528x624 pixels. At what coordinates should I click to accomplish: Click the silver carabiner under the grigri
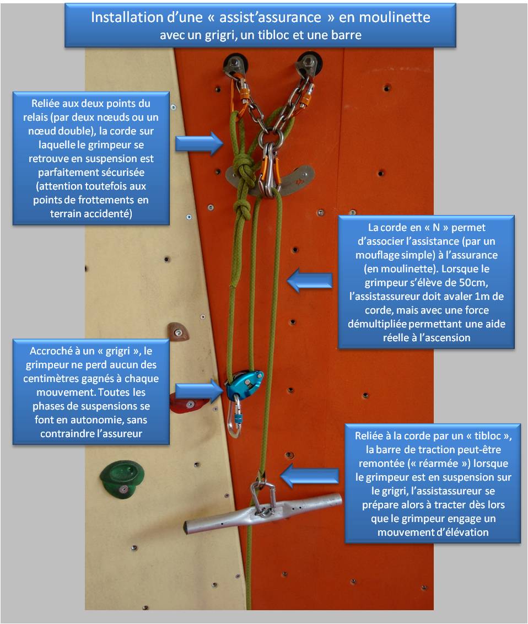click(235, 417)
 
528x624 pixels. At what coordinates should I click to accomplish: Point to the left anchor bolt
click(235, 64)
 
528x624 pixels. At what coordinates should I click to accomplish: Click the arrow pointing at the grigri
click(200, 391)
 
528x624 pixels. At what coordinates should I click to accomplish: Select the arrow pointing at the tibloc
click(310, 476)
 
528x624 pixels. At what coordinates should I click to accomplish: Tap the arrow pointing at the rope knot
click(200, 143)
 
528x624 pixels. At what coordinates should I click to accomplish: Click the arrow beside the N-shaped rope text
click(310, 280)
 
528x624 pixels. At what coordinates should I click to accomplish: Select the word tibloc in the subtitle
click(274, 35)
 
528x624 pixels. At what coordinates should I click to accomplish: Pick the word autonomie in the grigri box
click(96, 420)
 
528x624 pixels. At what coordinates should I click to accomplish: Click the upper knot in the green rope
click(243, 167)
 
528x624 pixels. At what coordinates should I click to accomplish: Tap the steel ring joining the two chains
click(271, 137)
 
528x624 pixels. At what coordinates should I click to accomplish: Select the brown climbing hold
click(177, 331)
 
